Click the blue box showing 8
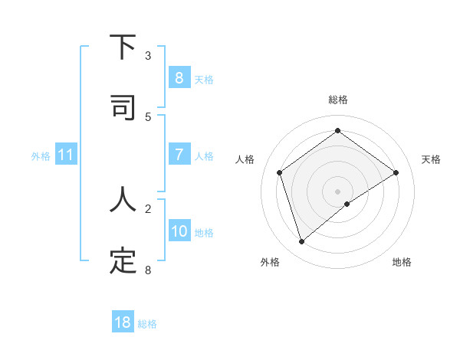coord(179,77)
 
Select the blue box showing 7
coord(179,155)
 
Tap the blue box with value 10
coord(179,231)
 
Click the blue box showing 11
coord(65,155)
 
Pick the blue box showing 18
coord(123,322)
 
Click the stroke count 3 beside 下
coord(148,56)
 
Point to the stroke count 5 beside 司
coord(148,117)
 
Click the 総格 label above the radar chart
coord(338,100)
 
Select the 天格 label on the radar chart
coord(432,159)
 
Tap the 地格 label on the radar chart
coord(402,262)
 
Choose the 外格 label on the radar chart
coord(270,262)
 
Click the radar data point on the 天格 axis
coord(396,172)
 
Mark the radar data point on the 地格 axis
coord(347,204)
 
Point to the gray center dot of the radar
coord(338,191)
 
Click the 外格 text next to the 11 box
coord(41,155)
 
